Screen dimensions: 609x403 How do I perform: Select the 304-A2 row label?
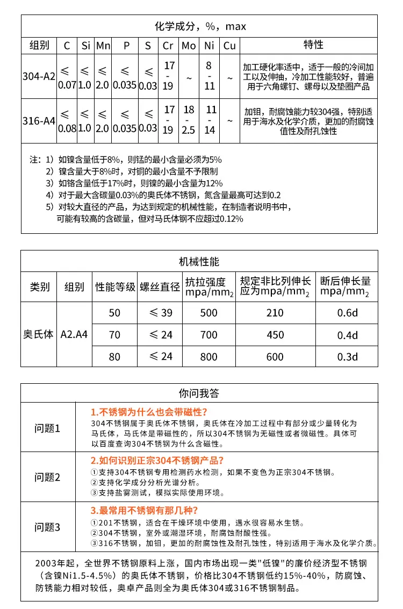(39, 76)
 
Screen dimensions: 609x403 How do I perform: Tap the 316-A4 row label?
(39, 121)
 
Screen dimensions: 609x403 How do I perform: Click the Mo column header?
(189, 46)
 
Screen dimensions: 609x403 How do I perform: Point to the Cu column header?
(229, 46)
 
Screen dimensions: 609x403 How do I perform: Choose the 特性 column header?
(313, 45)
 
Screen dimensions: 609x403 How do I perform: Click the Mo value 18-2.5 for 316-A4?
(189, 120)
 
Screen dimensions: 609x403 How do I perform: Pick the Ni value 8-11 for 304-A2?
(209, 76)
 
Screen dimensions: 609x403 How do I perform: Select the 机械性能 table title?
(199, 262)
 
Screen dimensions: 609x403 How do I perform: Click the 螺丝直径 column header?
(160, 287)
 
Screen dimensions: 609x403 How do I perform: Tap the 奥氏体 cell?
(39, 334)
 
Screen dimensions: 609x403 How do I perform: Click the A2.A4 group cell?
(74, 334)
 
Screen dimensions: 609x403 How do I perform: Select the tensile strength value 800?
(208, 356)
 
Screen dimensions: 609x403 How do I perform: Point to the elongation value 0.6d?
(347, 313)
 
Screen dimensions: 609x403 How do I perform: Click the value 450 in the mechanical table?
(275, 335)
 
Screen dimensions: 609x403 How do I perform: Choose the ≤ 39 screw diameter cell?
(160, 313)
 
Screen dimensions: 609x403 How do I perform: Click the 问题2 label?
(48, 477)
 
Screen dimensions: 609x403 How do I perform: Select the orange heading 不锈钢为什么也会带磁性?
(150, 412)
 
